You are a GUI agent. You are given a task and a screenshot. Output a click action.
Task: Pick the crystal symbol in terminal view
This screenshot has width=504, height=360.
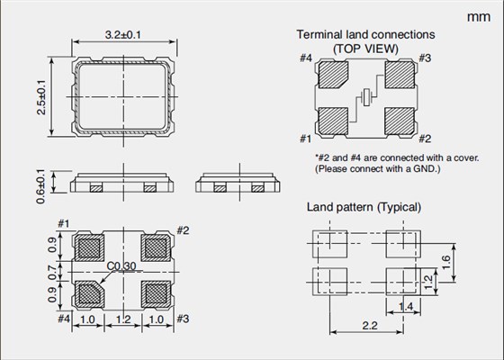366,96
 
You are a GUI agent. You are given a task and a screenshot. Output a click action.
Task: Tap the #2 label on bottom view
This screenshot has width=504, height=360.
182,230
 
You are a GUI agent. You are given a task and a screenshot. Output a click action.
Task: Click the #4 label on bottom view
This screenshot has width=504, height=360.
64,319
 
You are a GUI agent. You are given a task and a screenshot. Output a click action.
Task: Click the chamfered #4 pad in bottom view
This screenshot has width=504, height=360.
90,292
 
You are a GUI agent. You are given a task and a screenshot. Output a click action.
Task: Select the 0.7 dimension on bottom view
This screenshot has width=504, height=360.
53,269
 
